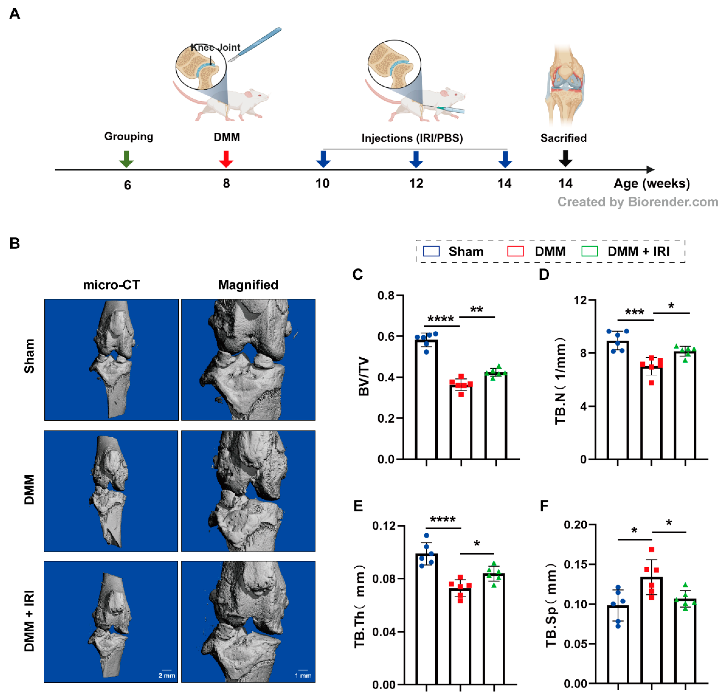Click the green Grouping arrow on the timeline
pos(126,159)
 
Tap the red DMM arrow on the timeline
pos(226,159)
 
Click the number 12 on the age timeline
pos(416,184)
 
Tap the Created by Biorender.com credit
pos(638,202)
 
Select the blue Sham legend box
pos(431,251)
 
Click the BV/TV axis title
pos(364,376)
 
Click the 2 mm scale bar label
pos(167,676)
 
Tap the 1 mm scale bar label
pos(303,676)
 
